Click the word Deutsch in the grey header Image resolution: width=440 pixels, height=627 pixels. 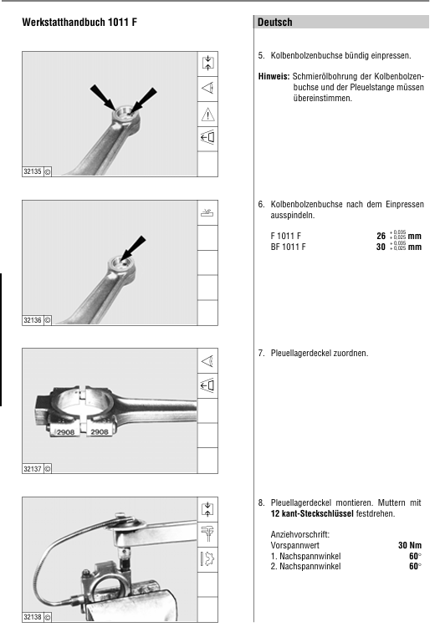pyautogui.click(x=275, y=22)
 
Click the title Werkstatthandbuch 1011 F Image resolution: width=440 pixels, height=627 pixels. pyautogui.click(x=79, y=22)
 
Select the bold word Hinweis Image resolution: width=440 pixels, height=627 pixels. pyautogui.click(x=274, y=76)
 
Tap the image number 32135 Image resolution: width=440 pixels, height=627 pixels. pyautogui.click(x=33, y=171)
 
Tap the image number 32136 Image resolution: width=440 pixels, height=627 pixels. pyautogui.click(x=33, y=320)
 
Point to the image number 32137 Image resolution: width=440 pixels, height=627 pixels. pyautogui.click(x=33, y=469)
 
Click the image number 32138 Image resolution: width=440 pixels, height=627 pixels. pyautogui.click(x=33, y=617)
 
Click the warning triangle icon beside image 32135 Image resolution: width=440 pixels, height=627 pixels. pyautogui.click(x=208, y=115)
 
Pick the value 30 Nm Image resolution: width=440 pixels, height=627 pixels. pyautogui.click(x=410, y=545)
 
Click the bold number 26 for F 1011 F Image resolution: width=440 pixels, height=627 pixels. pyautogui.click(x=381, y=236)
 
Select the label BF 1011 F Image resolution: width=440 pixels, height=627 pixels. pyautogui.click(x=288, y=247)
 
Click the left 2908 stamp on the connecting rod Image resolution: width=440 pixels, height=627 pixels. pyautogui.click(x=65, y=432)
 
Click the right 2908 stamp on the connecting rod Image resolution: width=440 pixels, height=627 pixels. pyautogui.click(x=100, y=432)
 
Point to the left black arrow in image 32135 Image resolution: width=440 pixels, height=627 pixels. pyautogui.click(x=103, y=97)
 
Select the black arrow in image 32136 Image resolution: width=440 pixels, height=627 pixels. pyautogui.click(x=133, y=248)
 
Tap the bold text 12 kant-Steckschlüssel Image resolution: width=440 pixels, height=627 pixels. pyautogui.click(x=312, y=513)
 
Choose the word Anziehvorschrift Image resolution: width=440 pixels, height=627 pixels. pyautogui.click(x=300, y=535)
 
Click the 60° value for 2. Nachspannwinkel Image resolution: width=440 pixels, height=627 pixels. pyautogui.click(x=415, y=566)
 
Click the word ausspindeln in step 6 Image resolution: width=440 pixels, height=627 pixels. pyautogui.click(x=293, y=215)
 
